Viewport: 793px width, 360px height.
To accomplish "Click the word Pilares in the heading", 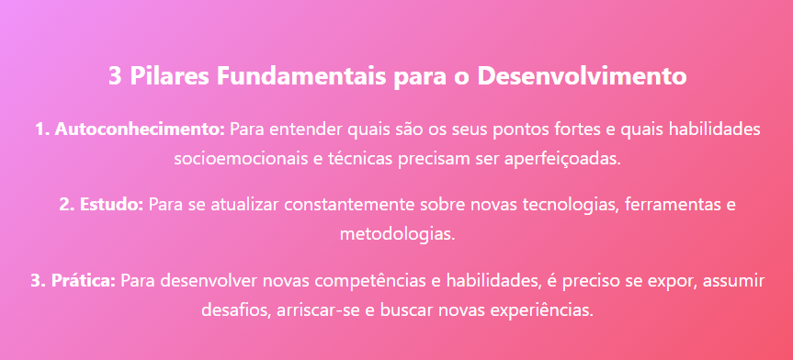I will (169, 77).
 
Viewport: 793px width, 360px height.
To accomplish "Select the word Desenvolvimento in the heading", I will (581, 77).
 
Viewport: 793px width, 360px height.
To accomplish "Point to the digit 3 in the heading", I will (115, 77).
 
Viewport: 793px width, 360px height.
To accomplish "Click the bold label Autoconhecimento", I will (140, 129).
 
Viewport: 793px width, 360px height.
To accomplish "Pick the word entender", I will (301, 129).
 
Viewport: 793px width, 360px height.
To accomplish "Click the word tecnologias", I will (570, 205).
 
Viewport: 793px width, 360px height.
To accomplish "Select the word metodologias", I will (397, 234).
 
